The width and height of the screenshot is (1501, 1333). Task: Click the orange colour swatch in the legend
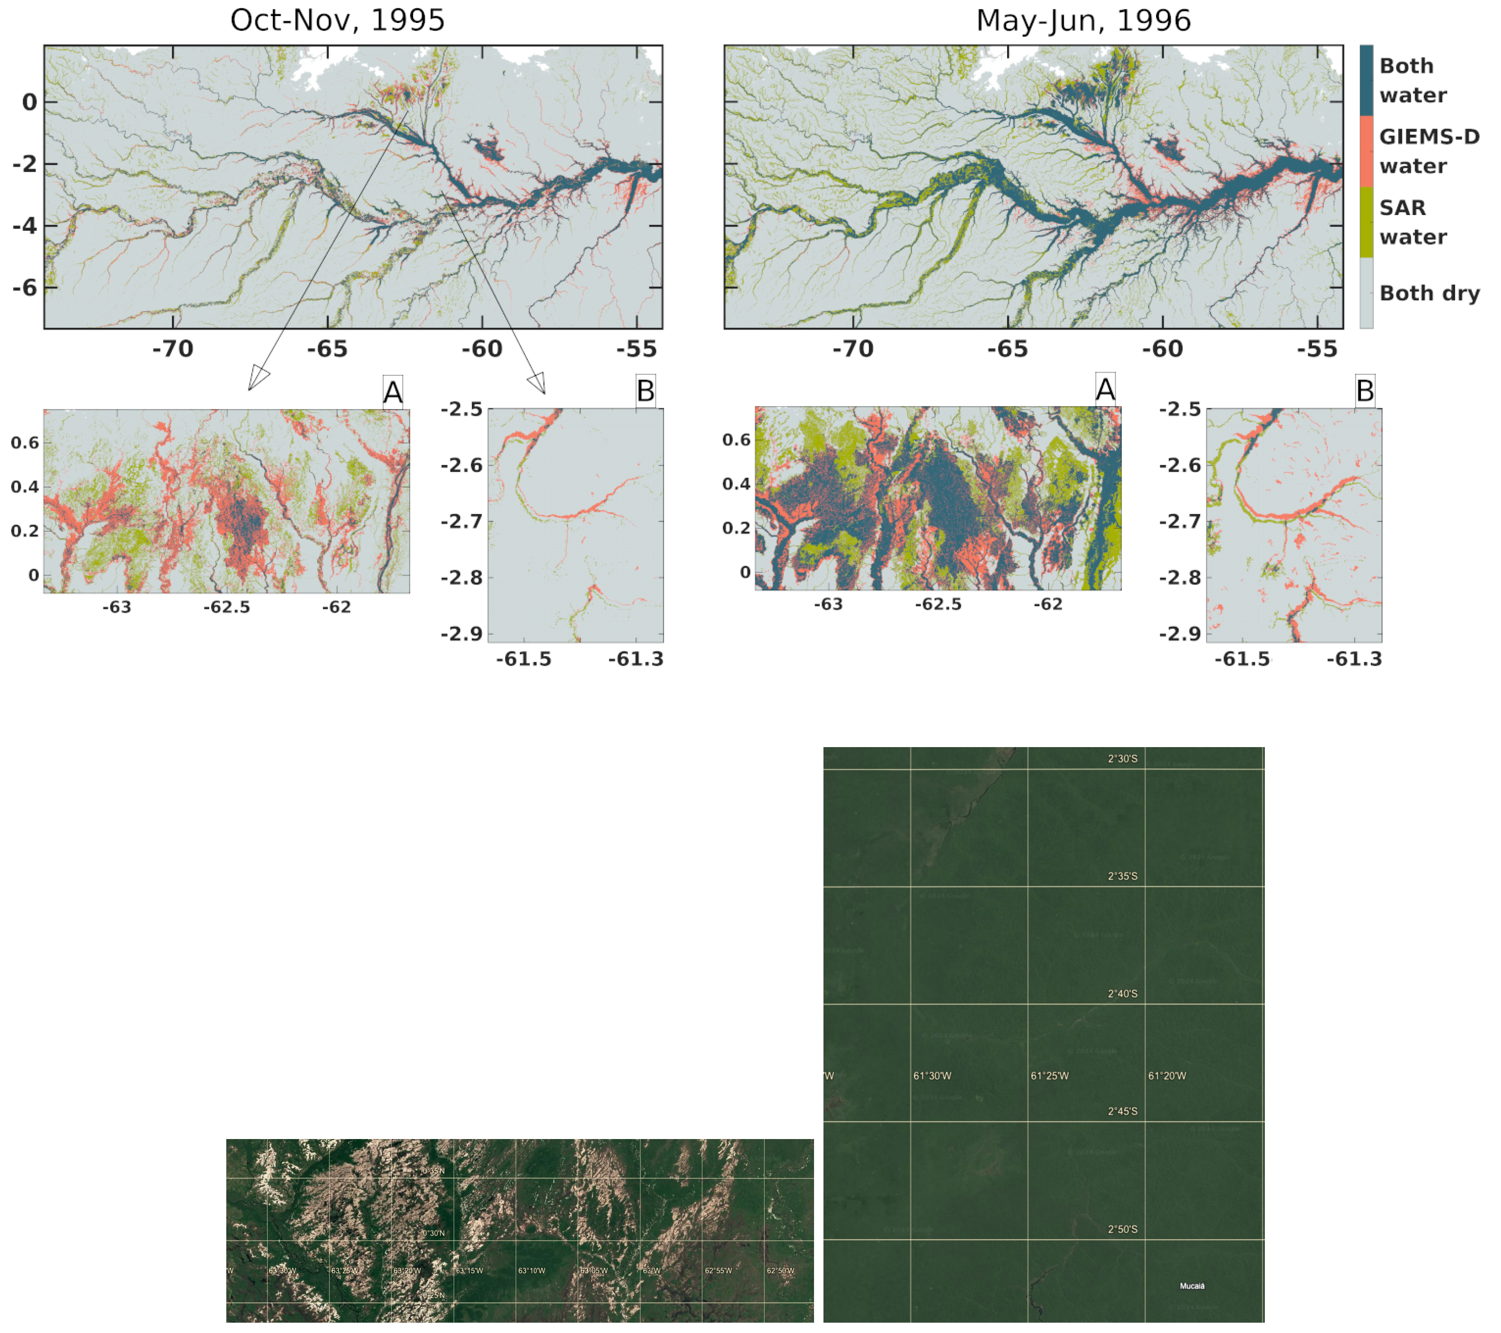pyautogui.click(x=1366, y=150)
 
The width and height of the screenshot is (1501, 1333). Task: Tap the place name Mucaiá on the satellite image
pyautogui.click(x=1192, y=1286)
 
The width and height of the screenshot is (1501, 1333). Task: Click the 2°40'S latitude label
pyautogui.click(x=1122, y=994)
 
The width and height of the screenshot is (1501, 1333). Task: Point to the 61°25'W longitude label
pyautogui.click(x=1049, y=1076)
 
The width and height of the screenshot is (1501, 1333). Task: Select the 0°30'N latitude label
pyautogui.click(x=433, y=1233)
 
